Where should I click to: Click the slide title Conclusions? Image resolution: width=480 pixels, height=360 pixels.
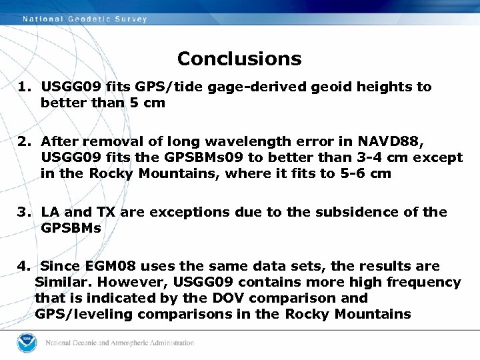239,59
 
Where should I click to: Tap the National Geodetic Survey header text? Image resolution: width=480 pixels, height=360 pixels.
85,19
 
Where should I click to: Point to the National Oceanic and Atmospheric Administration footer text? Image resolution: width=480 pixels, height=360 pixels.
119,343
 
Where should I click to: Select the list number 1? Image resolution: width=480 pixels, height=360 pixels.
24,87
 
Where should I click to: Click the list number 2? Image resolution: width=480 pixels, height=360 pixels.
24,141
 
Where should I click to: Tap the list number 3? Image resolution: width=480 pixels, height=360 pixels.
24,212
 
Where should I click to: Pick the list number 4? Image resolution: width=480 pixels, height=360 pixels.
24,267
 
